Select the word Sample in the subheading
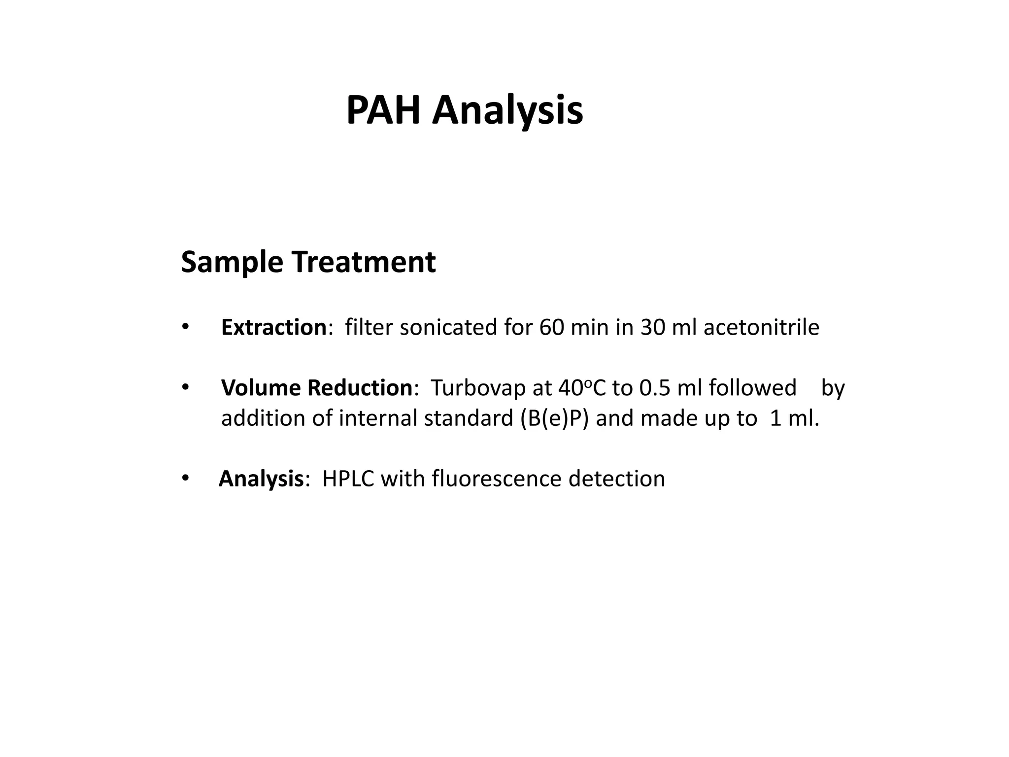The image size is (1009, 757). coord(232,262)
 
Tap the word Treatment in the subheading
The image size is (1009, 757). coord(364,262)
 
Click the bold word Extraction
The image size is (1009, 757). coord(273,327)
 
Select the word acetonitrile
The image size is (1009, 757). coord(761,327)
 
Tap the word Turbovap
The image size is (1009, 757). coord(478,388)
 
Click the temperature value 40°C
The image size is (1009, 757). coord(582,388)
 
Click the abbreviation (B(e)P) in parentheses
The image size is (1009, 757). coord(554,418)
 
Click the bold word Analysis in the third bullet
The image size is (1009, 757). coord(261,479)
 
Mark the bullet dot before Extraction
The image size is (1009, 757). coord(185,327)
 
